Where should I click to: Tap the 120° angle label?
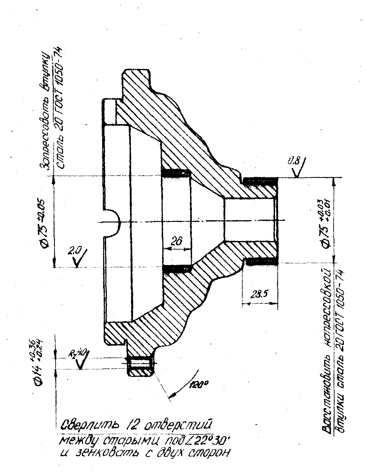(199, 384)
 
